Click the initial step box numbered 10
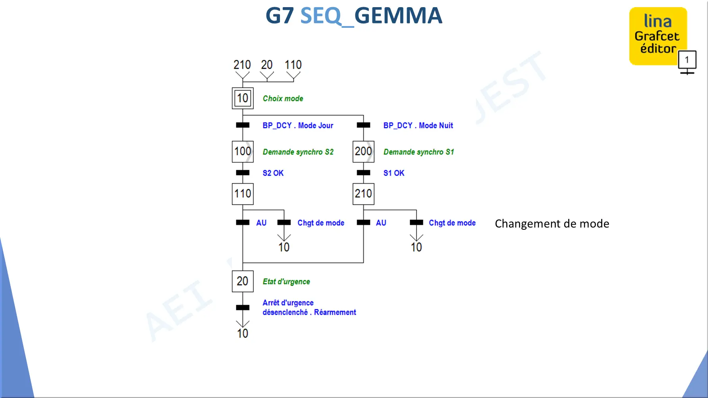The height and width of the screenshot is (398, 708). (x=243, y=98)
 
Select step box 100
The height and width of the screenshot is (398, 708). (x=243, y=152)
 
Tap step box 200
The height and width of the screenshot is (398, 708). (x=363, y=152)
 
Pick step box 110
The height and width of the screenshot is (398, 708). (x=243, y=194)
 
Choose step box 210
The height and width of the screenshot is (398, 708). (x=363, y=194)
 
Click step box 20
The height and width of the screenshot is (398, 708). (x=243, y=281)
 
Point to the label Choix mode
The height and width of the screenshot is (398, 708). (x=283, y=98)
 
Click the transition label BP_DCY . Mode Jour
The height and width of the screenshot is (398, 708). (x=298, y=125)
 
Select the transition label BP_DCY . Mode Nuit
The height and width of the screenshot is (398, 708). (x=418, y=125)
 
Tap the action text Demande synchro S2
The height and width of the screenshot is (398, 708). (x=298, y=152)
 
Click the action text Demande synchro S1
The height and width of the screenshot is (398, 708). (x=419, y=152)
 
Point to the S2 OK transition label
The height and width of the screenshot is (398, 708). (x=273, y=173)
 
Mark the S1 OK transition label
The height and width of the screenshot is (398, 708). (x=394, y=173)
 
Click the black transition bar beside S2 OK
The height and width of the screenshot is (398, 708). (x=243, y=173)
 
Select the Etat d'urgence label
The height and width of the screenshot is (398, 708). (x=286, y=282)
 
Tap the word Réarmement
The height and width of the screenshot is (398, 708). (x=335, y=312)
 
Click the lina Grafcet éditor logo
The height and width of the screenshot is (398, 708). (x=658, y=36)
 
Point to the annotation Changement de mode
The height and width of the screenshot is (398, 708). (x=552, y=224)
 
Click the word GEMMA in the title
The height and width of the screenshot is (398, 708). (x=398, y=16)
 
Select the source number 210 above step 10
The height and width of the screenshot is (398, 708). (x=242, y=65)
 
